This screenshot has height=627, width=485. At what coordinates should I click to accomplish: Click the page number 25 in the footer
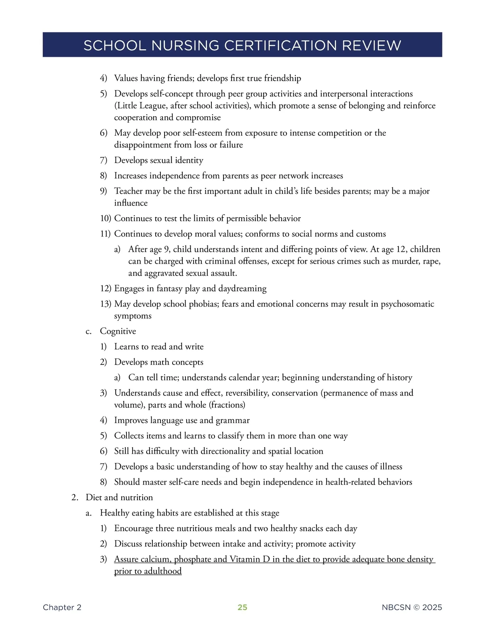pos(242,607)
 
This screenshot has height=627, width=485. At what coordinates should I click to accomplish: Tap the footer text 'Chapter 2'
pos(62,607)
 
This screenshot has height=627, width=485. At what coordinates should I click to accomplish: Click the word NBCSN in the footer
pos(396,607)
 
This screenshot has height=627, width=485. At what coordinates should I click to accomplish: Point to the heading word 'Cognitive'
pos(118,331)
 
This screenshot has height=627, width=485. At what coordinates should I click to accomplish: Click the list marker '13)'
pos(105,304)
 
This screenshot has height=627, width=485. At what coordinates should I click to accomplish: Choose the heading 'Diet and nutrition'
pos(119,497)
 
